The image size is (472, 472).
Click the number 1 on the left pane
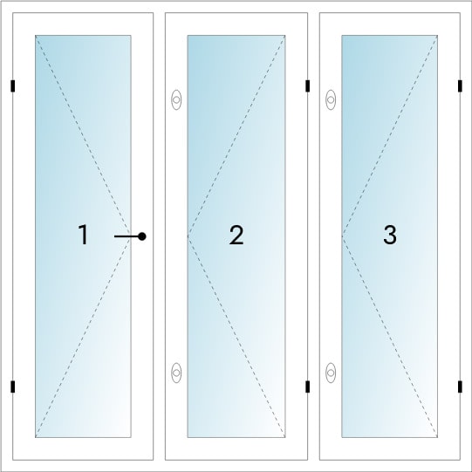83,235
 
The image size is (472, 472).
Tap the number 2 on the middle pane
236,235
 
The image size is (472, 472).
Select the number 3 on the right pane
390,235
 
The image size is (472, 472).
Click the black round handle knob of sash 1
142,236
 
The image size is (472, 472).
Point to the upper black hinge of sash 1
12,86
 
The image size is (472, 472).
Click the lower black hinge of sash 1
12,386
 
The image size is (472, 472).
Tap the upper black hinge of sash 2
308,86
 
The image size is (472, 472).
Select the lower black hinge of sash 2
308,386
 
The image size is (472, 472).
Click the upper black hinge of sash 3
460,86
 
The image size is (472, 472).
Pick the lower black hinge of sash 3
460,386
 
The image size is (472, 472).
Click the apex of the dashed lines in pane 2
188,236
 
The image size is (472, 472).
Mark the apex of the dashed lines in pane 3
342,236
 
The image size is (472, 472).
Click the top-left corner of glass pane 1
36,36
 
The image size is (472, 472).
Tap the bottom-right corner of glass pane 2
285,437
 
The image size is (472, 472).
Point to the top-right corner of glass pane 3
437,36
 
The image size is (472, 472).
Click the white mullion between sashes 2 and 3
314,236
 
